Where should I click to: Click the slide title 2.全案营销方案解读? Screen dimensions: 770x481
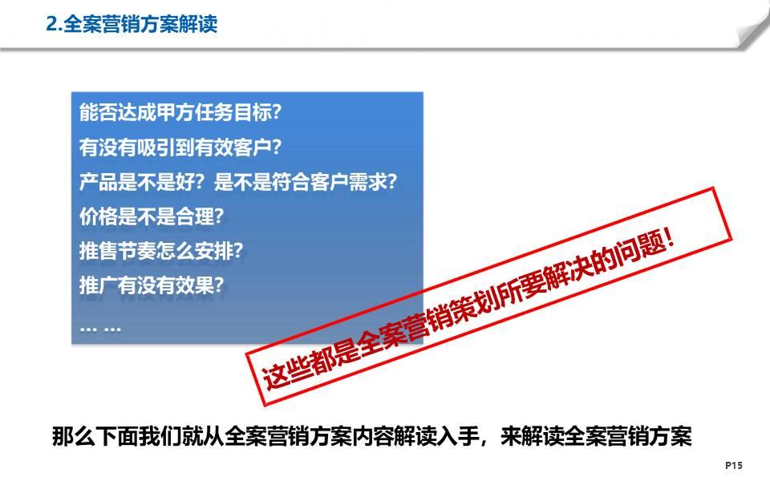132,24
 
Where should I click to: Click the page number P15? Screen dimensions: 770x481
734,465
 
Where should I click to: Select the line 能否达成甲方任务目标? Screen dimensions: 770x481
180,112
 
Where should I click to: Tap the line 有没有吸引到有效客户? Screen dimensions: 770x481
180,148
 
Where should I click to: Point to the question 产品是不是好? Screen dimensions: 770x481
141,182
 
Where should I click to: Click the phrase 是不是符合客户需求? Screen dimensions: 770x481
305,182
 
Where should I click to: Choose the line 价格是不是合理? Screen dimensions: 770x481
152,216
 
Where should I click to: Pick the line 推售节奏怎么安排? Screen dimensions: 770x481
161,250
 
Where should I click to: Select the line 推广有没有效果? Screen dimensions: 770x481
152,285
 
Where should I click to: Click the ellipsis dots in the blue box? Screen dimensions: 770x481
100,329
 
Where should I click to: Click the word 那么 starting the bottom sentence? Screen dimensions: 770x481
73,436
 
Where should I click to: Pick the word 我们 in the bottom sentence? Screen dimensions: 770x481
160,436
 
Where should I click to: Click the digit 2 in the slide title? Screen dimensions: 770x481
51,24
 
